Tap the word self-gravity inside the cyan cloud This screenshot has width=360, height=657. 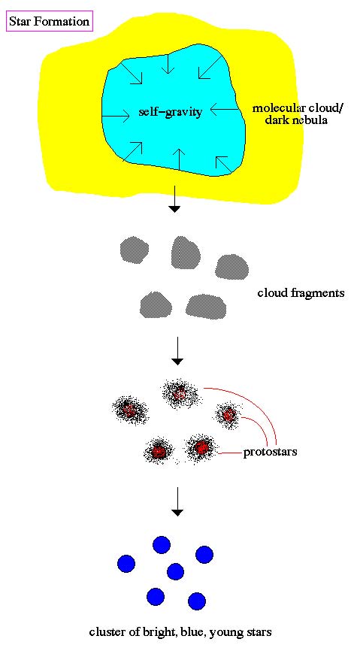[x=171, y=112]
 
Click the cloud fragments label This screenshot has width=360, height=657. [x=301, y=292]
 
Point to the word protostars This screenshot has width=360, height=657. [x=270, y=452]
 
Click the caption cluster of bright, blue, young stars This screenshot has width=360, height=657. [x=180, y=631]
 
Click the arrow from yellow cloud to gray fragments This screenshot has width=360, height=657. [x=174, y=198]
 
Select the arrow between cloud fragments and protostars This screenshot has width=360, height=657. [x=178, y=350]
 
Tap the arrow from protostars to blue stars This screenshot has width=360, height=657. [x=178, y=501]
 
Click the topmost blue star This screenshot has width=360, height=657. [x=162, y=545]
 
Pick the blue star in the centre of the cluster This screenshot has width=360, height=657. [x=175, y=571]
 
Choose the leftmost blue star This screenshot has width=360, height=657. [x=126, y=564]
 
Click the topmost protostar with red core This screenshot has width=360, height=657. [x=180, y=393]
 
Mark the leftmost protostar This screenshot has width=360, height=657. [x=129, y=410]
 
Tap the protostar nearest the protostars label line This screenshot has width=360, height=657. [x=201, y=448]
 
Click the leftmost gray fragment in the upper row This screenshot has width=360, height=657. [x=134, y=250]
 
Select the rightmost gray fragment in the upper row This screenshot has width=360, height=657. [x=231, y=267]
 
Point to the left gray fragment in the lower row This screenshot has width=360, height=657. [x=156, y=304]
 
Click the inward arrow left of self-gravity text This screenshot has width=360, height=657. [x=116, y=116]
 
